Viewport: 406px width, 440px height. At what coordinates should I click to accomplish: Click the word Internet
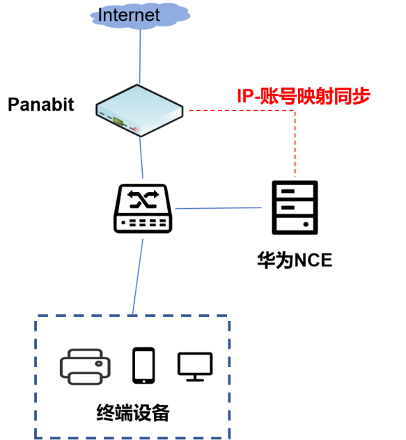point(129,15)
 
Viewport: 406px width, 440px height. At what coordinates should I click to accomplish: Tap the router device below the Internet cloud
point(139,110)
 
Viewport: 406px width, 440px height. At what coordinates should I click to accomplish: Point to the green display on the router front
point(118,121)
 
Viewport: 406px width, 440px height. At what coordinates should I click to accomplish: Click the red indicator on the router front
point(135,129)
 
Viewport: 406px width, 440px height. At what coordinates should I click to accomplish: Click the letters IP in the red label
point(245,97)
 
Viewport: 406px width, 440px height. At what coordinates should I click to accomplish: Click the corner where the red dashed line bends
point(295,110)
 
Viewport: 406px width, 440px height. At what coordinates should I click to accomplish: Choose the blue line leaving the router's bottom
point(141,157)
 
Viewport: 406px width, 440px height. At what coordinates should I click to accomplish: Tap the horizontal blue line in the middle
point(218,207)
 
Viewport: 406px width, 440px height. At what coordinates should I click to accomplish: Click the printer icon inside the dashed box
point(85,366)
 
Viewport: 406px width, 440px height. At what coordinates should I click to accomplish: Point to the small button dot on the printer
point(100,363)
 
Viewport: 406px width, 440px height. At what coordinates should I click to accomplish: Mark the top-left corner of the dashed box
point(36,317)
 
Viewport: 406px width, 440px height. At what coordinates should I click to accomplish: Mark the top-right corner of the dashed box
point(229,317)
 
